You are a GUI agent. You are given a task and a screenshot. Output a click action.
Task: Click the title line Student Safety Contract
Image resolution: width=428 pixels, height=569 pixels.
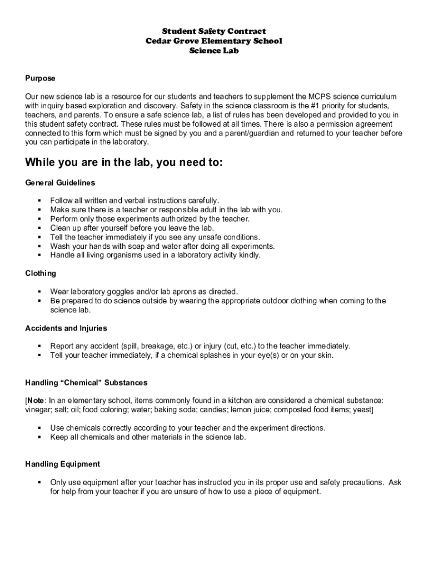coord(214,31)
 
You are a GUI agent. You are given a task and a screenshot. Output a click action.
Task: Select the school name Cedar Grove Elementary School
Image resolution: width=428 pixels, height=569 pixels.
coord(214,41)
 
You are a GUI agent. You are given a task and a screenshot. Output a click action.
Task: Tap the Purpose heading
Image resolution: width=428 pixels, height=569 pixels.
coord(40,78)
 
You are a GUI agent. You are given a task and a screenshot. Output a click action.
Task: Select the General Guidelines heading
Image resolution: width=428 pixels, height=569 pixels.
coord(60,182)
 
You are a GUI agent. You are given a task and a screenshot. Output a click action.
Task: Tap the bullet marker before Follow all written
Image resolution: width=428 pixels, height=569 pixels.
coord(40,201)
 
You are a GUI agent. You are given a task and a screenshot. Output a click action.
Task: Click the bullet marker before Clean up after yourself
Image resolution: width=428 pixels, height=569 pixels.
coord(40,228)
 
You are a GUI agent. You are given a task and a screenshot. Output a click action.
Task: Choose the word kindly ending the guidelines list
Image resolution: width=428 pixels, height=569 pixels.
coord(248,255)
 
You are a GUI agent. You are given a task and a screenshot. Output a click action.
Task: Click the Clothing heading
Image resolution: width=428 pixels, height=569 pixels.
coord(41,273)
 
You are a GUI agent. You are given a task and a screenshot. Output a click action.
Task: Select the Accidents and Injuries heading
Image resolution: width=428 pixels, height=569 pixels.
coord(66,328)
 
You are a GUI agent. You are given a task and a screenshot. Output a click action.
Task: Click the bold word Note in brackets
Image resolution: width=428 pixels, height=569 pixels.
coord(36,400)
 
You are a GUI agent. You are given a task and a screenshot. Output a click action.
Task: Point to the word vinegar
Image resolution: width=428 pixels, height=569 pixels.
coord(38,410)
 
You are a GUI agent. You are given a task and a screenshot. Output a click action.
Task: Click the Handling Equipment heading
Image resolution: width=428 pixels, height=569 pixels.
coord(63,463)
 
